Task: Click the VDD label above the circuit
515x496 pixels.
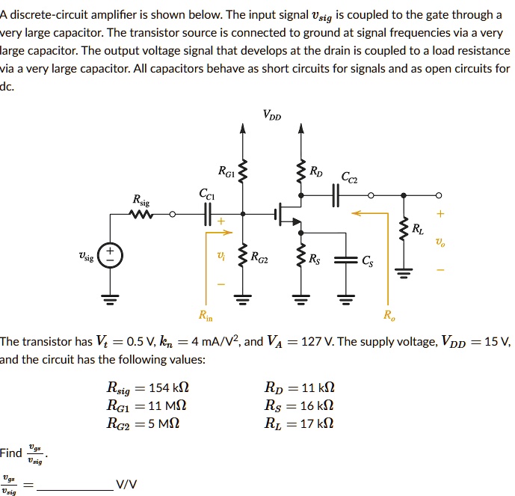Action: pyautogui.click(x=272, y=114)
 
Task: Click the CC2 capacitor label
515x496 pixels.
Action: pyautogui.click(x=349, y=178)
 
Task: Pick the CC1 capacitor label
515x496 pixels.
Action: pyautogui.click(x=207, y=194)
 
